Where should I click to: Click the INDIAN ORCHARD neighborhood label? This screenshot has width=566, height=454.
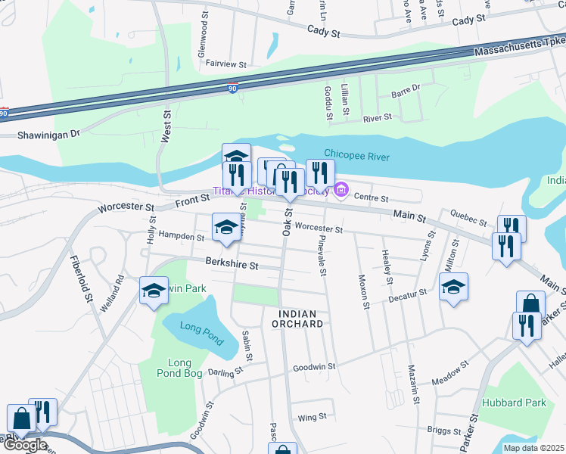301,319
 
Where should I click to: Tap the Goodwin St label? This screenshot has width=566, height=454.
314,367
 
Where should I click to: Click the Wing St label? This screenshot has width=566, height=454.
312,417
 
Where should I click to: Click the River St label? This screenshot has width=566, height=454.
376,118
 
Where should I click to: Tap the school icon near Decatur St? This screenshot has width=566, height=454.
454,286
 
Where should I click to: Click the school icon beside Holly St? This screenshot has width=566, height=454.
154,290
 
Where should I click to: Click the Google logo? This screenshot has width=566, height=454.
24,445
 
